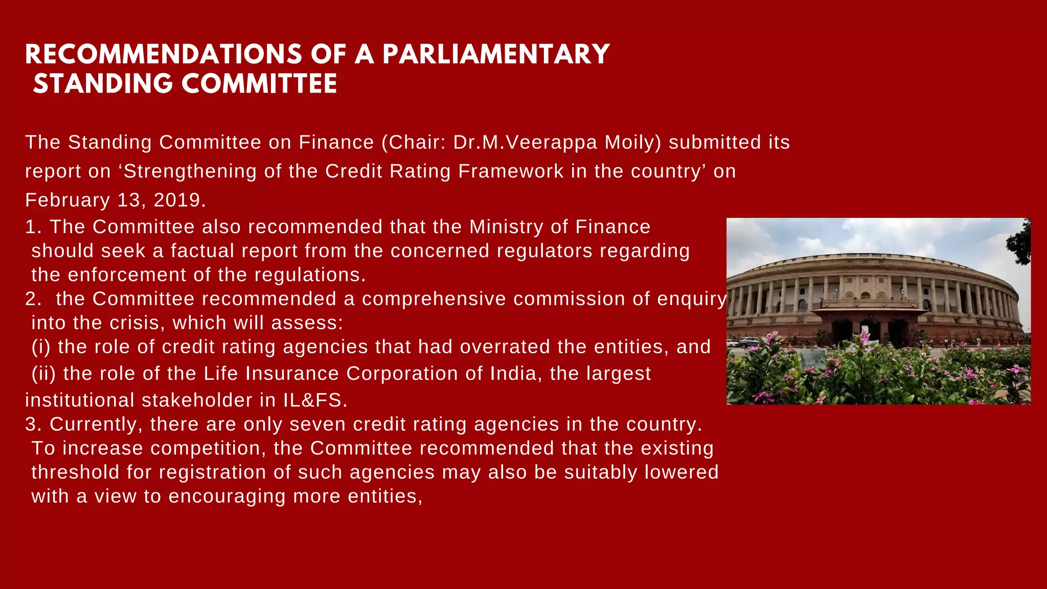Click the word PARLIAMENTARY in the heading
click(496, 55)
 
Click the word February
click(67, 200)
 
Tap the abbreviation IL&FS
click(315, 400)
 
